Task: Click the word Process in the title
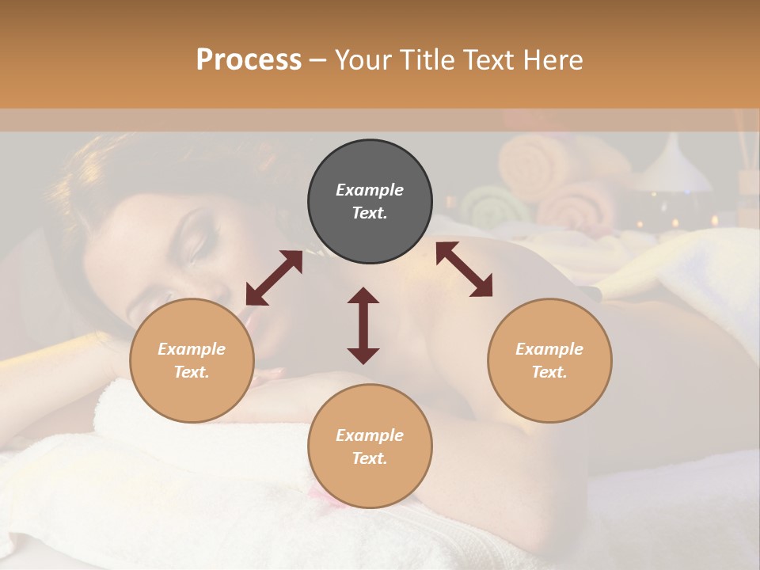coord(249,60)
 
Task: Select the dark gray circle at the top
coord(370,201)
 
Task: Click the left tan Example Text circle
coord(192,360)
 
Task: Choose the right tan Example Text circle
coord(549,360)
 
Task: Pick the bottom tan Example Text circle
coord(370,446)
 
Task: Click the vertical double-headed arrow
coord(363,325)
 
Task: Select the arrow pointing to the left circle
coord(274,278)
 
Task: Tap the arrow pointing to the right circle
coord(465,270)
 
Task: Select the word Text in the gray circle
coord(370,213)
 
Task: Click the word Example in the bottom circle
coord(370,435)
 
